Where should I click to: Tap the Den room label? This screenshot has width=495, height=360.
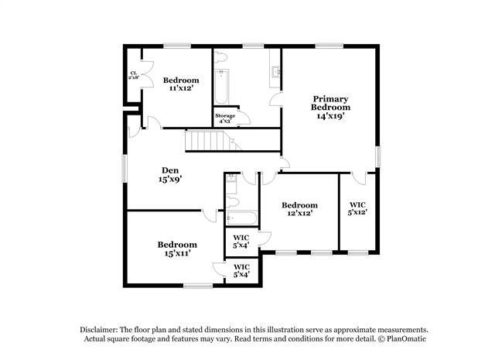coord(171,174)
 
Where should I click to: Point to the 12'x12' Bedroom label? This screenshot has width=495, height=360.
coord(299,209)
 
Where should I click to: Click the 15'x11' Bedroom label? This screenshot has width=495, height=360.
coord(177,249)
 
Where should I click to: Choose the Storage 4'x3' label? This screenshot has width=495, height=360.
coord(224,118)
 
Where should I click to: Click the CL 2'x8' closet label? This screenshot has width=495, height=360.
coord(133,75)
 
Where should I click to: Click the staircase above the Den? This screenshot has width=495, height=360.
coord(207,142)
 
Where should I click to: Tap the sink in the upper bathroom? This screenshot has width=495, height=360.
coord(274,74)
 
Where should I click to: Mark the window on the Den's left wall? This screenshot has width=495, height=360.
coord(125,168)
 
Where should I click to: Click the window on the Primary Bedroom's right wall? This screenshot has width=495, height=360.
coord(379,155)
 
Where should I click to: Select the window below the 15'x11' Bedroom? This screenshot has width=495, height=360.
coord(198,286)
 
